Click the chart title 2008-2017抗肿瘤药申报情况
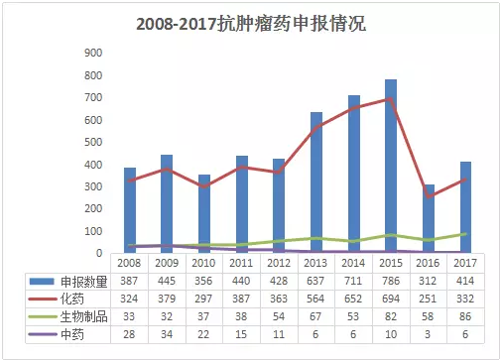click(x=251, y=23)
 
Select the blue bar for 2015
click(x=391, y=166)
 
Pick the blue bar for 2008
click(x=129, y=209)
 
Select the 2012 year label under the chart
click(x=279, y=263)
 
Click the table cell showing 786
click(x=391, y=282)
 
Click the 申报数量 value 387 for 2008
click(x=129, y=282)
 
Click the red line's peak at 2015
click(x=391, y=98)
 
